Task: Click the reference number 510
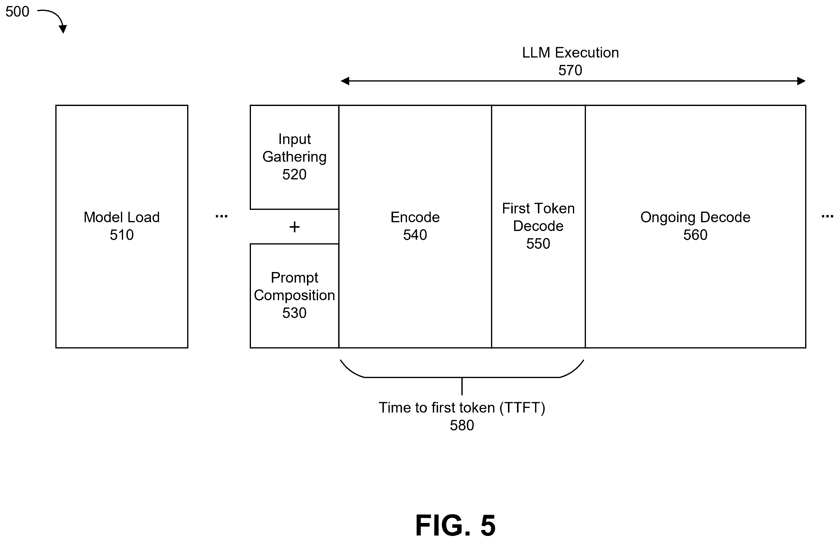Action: click(x=122, y=235)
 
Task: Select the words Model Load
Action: click(x=122, y=217)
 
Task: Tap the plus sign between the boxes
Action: click(x=294, y=227)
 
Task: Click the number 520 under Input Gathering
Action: click(x=294, y=174)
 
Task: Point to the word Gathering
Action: click(x=294, y=157)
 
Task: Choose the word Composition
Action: click(x=294, y=295)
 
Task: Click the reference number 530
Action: click(x=294, y=313)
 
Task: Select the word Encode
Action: click(x=415, y=217)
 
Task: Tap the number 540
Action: click(x=415, y=235)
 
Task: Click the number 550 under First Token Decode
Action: click(x=538, y=244)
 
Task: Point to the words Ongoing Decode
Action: click(x=695, y=217)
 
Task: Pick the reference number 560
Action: click(x=695, y=235)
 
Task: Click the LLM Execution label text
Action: click(x=570, y=53)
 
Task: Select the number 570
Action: click(x=570, y=70)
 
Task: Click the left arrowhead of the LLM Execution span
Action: click(x=345, y=81)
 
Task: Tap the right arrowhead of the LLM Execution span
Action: click(x=801, y=81)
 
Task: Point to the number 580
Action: click(x=462, y=425)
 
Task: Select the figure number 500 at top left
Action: click(x=17, y=11)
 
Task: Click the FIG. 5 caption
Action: click(x=455, y=525)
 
